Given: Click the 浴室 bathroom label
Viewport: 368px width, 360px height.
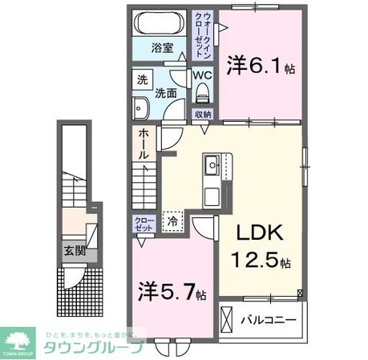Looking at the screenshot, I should pyautogui.click(x=163, y=47).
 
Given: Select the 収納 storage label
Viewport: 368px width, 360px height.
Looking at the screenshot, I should pyautogui.click(x=204, y=115).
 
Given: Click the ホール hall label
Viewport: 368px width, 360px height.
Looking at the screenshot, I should pyautogui.click(x=143, y=144).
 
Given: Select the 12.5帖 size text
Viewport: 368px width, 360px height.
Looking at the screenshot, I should pyautogui.click(x=262, y=261).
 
